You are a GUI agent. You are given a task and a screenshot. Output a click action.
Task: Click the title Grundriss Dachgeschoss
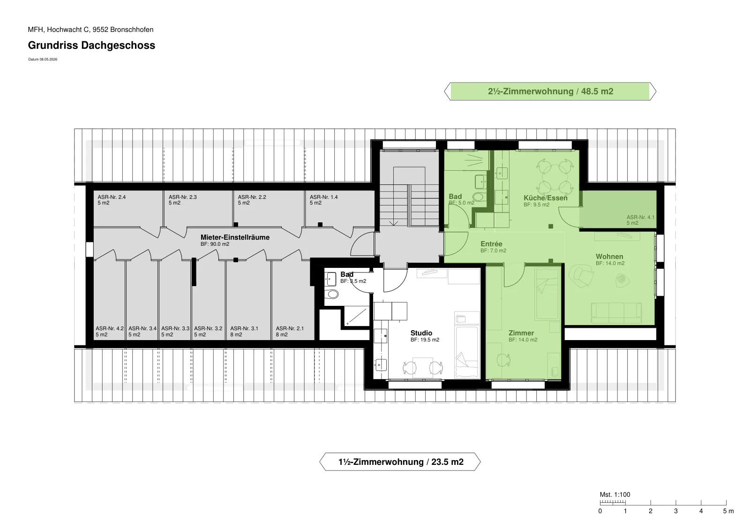point(91,45)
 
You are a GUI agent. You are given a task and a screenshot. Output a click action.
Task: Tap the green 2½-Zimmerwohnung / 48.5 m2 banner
point(550,91)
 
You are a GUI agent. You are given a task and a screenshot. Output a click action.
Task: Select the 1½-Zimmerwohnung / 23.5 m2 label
point(400,462)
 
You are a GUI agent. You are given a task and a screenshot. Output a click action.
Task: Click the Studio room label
point(421,333)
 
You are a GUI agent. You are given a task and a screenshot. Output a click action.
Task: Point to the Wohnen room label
point(609,256)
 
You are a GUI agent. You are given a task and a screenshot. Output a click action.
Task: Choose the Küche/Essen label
point(546,197)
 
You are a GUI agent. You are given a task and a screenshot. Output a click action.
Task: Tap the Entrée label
point(491,243)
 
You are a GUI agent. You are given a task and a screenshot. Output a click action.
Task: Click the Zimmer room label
point(521,333)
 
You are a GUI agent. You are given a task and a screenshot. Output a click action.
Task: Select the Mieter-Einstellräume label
point(235,237)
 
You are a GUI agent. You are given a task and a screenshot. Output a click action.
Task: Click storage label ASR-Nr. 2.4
point(112,197)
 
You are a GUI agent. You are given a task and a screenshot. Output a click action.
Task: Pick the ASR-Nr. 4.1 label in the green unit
point(640,217)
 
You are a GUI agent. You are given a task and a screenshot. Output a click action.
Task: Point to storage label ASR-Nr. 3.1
point(244,328)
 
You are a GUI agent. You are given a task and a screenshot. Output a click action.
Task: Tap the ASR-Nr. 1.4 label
point(323,197)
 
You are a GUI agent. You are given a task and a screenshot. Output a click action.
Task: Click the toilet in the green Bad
point(478,197)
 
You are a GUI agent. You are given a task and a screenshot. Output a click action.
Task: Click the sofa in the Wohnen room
point(616,313)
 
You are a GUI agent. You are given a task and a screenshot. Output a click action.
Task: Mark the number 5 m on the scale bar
point(728,511)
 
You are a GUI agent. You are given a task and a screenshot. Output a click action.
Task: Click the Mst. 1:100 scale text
point(615,494)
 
